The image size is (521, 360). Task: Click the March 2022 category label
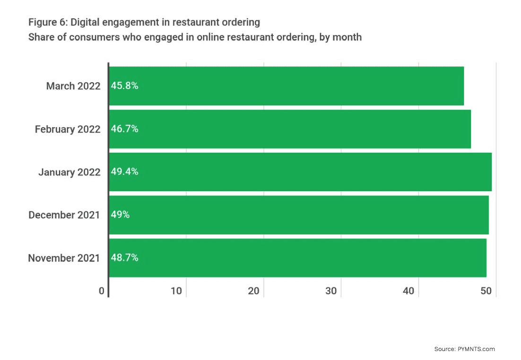pos(73,86)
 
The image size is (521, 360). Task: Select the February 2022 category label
pos(68,129)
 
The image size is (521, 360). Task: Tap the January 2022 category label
pos(69,172)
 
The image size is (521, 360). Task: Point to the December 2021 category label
pos(64,215)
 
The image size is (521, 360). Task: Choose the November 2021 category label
pos(64,258)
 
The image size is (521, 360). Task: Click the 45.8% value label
pos(124,86)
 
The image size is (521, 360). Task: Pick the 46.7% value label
pos(124,129)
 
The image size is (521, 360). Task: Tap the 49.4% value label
pos(124,172)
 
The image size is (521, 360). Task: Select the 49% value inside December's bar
pos(120,215)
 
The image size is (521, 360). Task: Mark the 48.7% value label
pos(124,258)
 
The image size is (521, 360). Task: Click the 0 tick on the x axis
pos(102,291)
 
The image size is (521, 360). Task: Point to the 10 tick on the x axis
pos(176,291)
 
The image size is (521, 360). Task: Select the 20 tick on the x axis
pos(254,291)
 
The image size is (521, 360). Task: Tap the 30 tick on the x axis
pos(331,291)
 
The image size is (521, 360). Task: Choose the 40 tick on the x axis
pos(409,291)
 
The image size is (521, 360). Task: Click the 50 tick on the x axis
pos(486,291)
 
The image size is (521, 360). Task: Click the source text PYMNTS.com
pos(476,349)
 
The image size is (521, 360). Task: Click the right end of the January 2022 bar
pos(490,172)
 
